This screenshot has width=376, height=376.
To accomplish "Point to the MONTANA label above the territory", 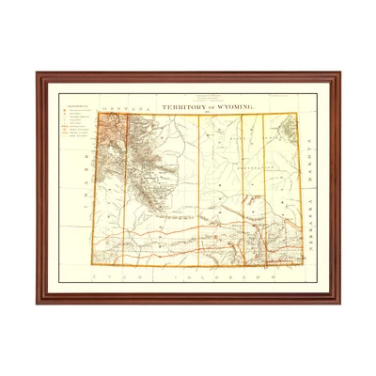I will coord(122,108).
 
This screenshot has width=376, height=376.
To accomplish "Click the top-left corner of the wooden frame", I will coord(38,72).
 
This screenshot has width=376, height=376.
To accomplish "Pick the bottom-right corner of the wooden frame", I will coord(339,303).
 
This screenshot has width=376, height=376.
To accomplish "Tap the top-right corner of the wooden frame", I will coord(339,72).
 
